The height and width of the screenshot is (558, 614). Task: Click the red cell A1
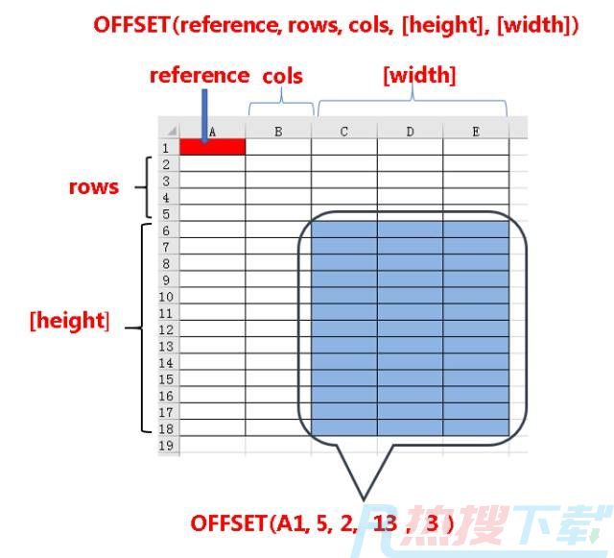[213, 147]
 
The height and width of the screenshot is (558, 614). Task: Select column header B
[278, 131]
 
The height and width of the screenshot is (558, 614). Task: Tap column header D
[410, 131]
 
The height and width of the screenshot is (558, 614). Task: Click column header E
[476, 131]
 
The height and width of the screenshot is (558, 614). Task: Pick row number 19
[166, 446]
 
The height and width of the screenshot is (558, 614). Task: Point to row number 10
[166, 297]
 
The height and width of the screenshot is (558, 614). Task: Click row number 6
[166, 230]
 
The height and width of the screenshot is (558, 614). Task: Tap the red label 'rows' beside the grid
[94, 187]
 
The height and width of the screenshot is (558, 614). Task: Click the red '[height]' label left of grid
[70, 320]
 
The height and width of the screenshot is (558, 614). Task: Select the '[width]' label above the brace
[419, 75]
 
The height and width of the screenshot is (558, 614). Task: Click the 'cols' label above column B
[282, 76]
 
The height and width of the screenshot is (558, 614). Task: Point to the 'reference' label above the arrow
[200, 75]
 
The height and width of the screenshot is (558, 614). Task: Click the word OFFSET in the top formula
[131, 25]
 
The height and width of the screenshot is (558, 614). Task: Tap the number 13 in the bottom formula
[386, 522]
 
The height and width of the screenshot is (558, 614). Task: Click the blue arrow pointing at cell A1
[204, 115]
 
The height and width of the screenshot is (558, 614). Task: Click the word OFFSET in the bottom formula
[228, 523]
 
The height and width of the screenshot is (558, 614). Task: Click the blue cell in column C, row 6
[344, 230]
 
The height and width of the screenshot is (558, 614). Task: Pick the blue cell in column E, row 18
[476, 427]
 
